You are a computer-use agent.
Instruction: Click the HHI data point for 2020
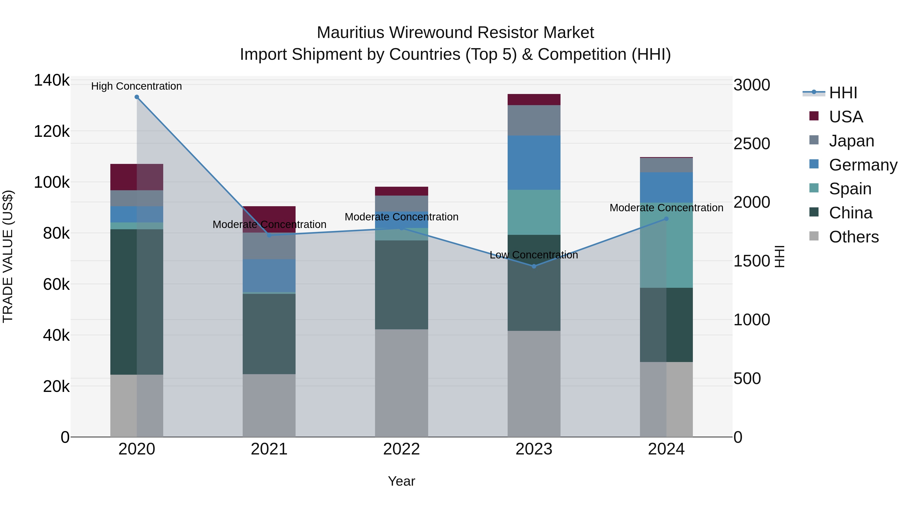(137, 97)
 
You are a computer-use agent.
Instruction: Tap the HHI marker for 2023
(534, 266)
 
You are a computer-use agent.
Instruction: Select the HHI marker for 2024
(666, 219)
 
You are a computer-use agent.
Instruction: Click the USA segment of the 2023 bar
(534, 100)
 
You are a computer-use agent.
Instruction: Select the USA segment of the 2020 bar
(137, 177)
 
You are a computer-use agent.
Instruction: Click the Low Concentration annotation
(534, 255)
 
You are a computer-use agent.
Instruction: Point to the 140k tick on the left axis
(52, 80)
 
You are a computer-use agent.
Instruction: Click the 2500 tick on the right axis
(752, 144)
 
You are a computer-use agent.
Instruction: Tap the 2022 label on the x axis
(401, 449)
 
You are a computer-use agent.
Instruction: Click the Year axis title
(401, 481)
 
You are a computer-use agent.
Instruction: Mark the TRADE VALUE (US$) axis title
(8, 256)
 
